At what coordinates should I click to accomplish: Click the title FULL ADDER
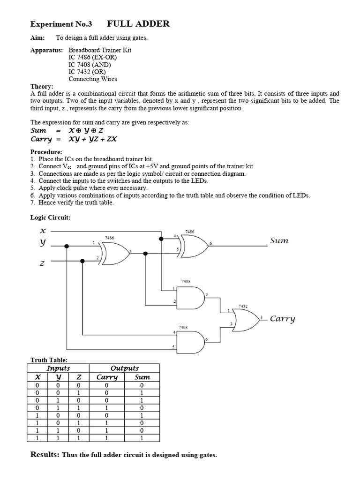[138, 24]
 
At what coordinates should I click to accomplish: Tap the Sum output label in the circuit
[279, 241]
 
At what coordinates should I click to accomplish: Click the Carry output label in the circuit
[283, 319]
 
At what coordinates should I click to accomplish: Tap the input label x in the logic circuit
[43, 231]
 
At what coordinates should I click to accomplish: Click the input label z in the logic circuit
[43, 264]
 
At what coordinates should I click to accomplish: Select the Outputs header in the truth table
[124, 368]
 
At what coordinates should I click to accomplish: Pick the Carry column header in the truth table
[107, 377]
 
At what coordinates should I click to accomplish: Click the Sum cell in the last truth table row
[142, 438]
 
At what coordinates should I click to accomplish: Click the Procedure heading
[46, 152]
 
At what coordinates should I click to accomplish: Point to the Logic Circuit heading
[51, 217]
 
